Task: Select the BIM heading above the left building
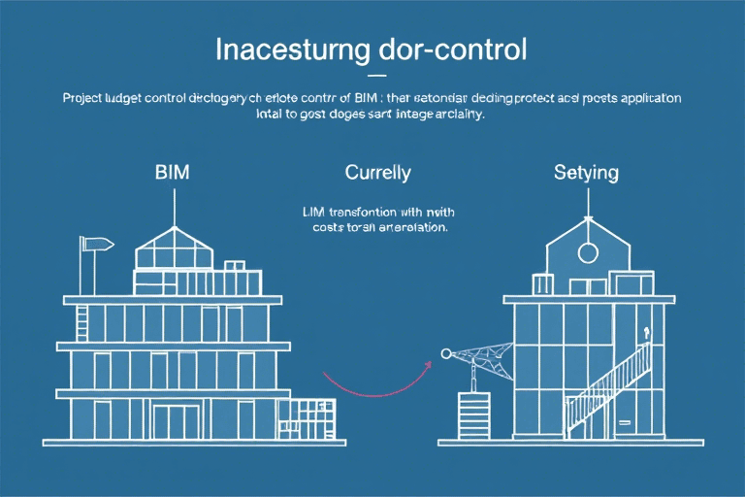tap(173, 174)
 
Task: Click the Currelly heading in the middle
tap(377, 174)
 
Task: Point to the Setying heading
tap(586, 174)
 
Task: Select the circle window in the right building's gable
tap(586, 254)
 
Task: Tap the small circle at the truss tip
tap(444, 353)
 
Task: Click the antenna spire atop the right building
tap(586, 204)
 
